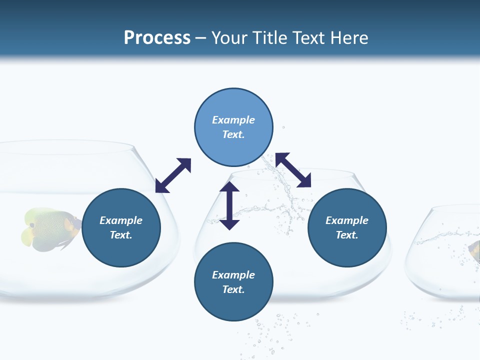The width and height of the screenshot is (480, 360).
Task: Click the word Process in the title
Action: coord(157,37)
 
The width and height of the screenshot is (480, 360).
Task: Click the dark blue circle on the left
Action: coord(121,227)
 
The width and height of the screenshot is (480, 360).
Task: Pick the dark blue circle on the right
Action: coord(347,227)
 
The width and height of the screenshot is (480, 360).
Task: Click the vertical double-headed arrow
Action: coord(229,206)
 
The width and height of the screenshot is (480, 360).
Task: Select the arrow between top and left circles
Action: coord(173,175)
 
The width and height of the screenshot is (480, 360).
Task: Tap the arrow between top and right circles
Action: coord(293,170)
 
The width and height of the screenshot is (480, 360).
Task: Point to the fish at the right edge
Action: coord(474,250)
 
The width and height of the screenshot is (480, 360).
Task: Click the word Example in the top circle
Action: coord(233,120)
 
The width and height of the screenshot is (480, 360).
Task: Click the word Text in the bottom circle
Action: coord(232,289)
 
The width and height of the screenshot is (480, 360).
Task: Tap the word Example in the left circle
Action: coord(121,220)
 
